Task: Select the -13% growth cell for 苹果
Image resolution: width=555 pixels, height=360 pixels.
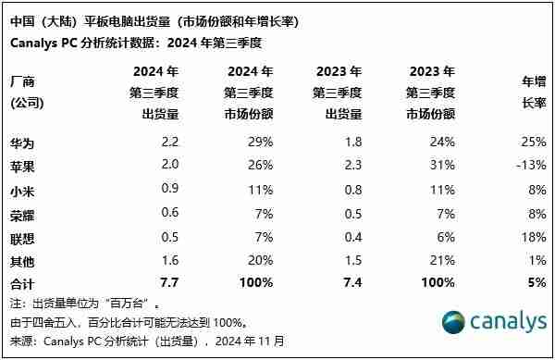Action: (530, 165)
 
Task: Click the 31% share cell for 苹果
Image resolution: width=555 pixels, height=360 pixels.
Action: (443, 165)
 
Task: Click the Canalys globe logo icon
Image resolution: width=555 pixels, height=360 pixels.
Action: (451, 324)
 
